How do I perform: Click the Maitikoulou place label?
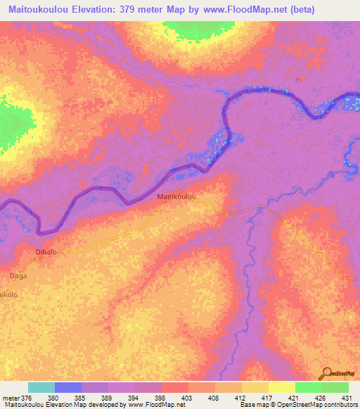[x=176, y=197]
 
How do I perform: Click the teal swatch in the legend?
[x=41, y=387]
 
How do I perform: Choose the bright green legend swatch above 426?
[x=308, y=387]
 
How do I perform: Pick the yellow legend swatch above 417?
[x=255, y=387]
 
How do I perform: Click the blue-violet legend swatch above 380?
[x=68, y=387]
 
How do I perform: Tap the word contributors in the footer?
[x=340, y=405]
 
